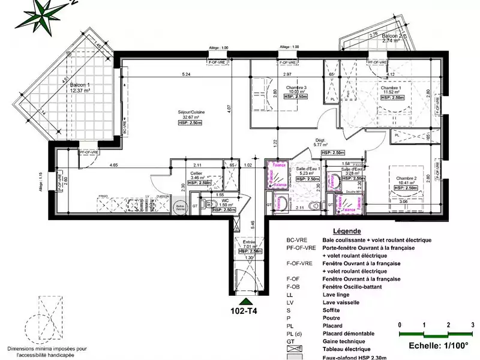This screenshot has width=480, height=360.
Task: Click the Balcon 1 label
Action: (x=79, y=85)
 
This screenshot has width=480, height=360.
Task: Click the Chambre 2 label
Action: (x=406, y=178)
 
